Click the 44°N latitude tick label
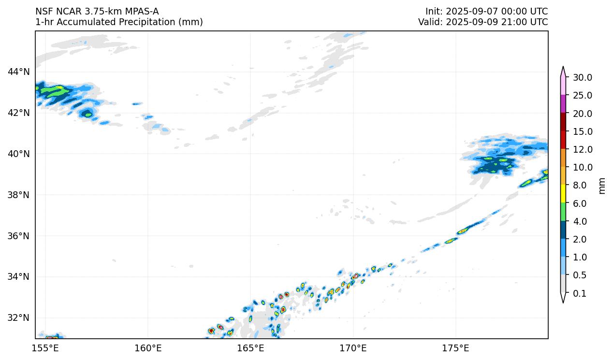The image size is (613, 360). coord(18,72)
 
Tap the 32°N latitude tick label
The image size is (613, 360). coord(18,318)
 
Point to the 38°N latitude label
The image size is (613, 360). coord(18,195)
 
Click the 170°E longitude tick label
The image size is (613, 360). coord(353,348)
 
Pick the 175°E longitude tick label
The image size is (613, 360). coord(455,348)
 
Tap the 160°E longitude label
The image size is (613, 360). coord(148,348)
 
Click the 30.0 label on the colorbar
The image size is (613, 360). coord(582,78)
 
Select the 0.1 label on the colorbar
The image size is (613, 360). coord(579,294)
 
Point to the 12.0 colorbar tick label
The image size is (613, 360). coord(582,150)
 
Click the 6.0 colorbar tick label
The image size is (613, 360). coord(579,204)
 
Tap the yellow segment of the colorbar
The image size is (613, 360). coord(563,194)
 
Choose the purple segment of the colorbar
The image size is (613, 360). coord(563,104)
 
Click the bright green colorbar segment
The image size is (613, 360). coord(563,212)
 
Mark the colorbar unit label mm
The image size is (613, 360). coord(602,186)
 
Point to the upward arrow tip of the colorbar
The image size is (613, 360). coord(563,68)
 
